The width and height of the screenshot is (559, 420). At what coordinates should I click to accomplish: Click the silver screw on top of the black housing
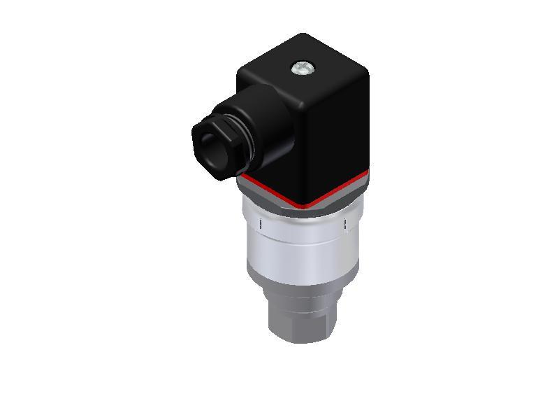pyautogui.click(x=300, y=68)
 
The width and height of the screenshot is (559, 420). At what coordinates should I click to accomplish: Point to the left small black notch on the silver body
pyautogui.click(x=261, y=223)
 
